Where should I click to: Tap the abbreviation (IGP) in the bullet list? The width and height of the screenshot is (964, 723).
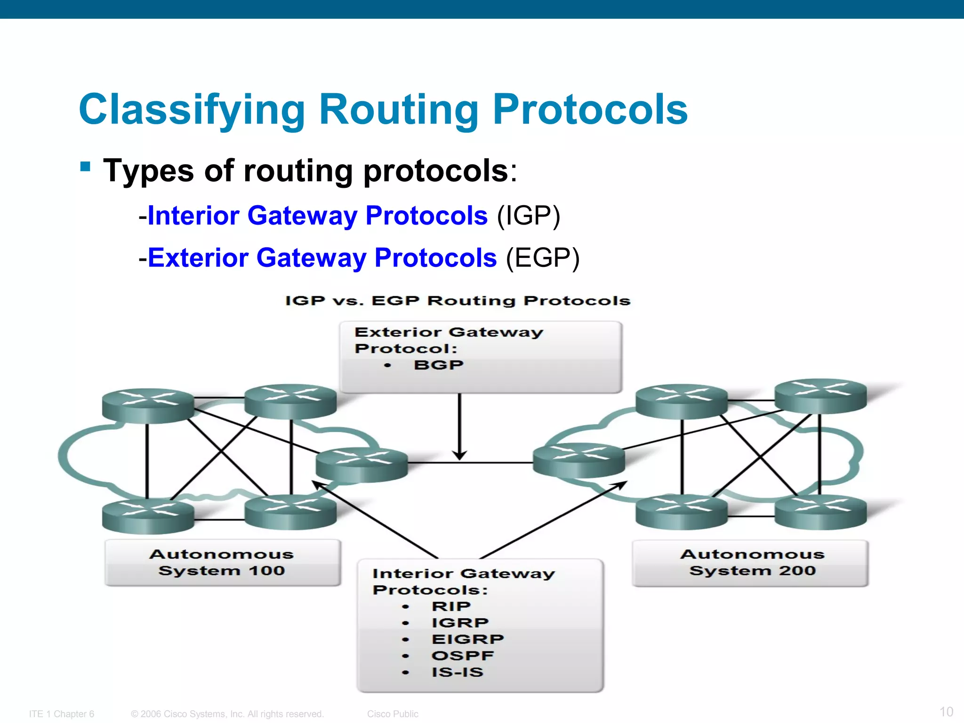529,216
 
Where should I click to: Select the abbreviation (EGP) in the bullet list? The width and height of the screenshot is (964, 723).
543,258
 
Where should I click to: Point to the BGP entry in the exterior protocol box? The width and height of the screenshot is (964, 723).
438,365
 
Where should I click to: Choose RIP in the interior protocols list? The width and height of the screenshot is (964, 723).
451,606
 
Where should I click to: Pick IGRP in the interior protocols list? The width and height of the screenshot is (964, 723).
460,623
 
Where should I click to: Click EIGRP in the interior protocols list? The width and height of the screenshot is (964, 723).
467,639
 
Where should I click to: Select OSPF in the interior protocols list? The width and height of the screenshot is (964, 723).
462,656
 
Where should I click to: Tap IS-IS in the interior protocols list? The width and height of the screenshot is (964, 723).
457,672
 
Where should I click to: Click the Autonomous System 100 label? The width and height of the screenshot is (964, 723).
222,562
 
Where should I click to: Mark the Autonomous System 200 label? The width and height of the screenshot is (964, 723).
752,562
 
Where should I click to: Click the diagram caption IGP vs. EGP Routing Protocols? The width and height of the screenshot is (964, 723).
458,301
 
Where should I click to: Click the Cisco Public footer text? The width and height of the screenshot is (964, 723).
393,714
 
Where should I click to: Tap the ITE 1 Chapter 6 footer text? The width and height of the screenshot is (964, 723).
62,714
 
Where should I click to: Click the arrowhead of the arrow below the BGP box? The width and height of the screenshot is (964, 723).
459,456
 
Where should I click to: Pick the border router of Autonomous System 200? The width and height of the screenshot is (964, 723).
578,460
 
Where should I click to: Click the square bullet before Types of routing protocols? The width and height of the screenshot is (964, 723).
85,167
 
